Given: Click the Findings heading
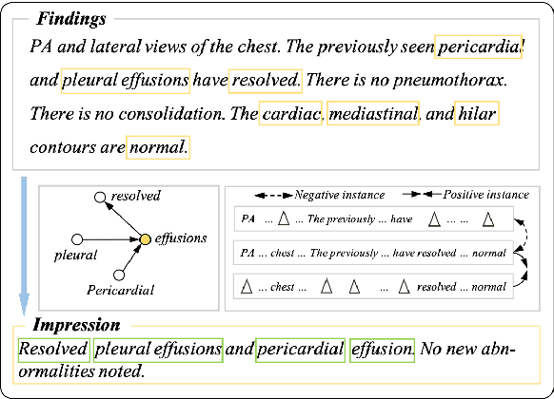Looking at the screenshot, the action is click(x=70, y=19).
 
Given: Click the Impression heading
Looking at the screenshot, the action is click(x=76, y=325).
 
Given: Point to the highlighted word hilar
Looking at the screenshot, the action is click(x=476, y=115).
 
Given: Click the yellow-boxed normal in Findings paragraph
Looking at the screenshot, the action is click(x=158, y=147).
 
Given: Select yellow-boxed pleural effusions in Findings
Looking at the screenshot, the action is click(x=126, y=82).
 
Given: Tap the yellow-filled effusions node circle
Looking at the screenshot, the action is click(x=145, y=238).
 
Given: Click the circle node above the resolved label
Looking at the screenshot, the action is click(x=99, y=198).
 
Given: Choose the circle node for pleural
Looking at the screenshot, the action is click(x=79, y=237).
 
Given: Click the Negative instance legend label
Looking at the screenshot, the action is click(x=339, y=195).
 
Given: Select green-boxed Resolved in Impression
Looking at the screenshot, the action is click(x=53, y=350).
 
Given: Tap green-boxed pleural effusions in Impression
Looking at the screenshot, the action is click(x=158, y=350).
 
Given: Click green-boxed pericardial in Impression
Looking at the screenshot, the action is click(x=299, y=350).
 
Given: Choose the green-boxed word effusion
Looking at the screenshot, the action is click(x=382, y=350).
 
